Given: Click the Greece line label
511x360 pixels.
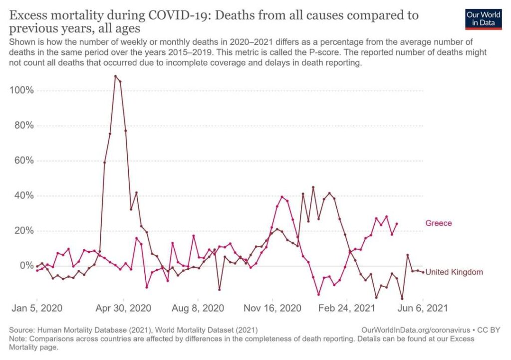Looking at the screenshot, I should (438, 223).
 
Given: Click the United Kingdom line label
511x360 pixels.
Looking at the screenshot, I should (454, 272).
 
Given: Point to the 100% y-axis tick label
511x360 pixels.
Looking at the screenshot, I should (21, 90).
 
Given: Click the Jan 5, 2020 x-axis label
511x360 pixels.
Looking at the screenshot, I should (37, 308).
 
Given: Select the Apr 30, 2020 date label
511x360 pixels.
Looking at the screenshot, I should (123, 308).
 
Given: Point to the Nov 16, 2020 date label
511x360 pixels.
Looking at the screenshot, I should (272, 308).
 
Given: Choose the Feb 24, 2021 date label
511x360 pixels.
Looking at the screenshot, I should (347, 308).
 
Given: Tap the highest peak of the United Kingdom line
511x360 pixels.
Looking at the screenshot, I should (115, 76).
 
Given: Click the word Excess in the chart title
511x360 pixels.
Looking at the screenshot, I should (30, 15).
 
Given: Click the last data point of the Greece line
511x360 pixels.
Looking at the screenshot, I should (397, 223).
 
